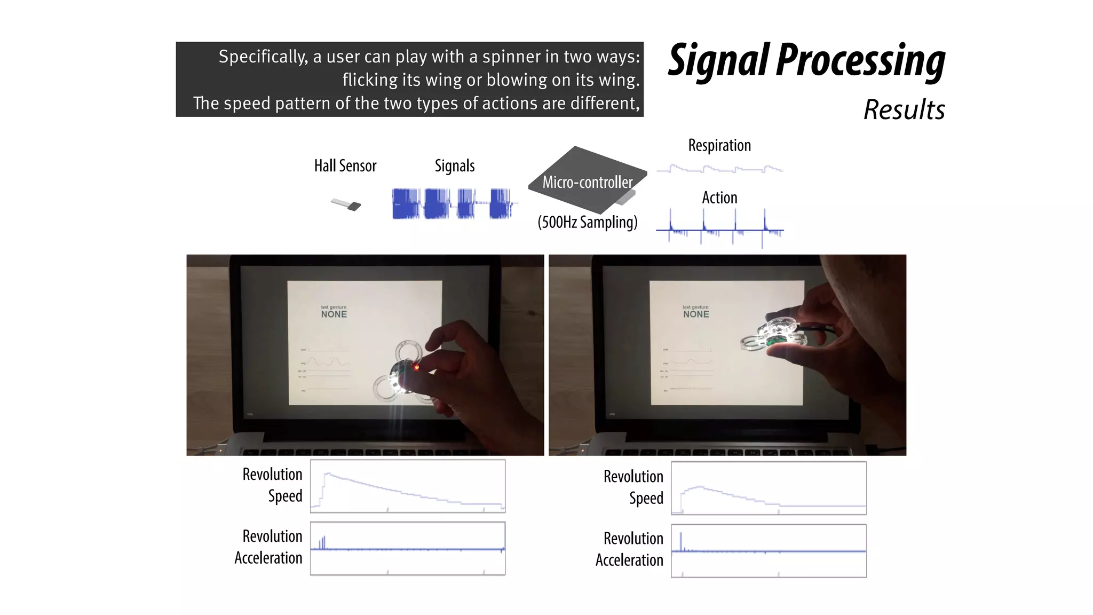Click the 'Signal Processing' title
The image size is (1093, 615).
806,61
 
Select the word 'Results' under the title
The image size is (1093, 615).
904,110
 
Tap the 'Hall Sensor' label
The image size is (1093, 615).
345,166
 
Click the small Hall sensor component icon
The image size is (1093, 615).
347,205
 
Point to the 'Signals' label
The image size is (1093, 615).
454,166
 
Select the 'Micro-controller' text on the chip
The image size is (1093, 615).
587,183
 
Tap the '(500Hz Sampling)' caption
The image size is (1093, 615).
587,222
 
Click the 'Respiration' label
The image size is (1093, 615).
719,145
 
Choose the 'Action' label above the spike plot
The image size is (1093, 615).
719,198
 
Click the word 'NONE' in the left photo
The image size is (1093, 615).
334,314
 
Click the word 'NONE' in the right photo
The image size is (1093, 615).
696,314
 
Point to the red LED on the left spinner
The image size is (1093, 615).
416,367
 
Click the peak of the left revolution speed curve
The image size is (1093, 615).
327,474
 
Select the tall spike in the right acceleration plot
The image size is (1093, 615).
680,540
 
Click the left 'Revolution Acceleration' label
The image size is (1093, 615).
268,547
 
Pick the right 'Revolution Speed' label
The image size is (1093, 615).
633,487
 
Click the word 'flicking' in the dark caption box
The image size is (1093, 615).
370,80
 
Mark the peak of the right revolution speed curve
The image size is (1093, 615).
700,487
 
